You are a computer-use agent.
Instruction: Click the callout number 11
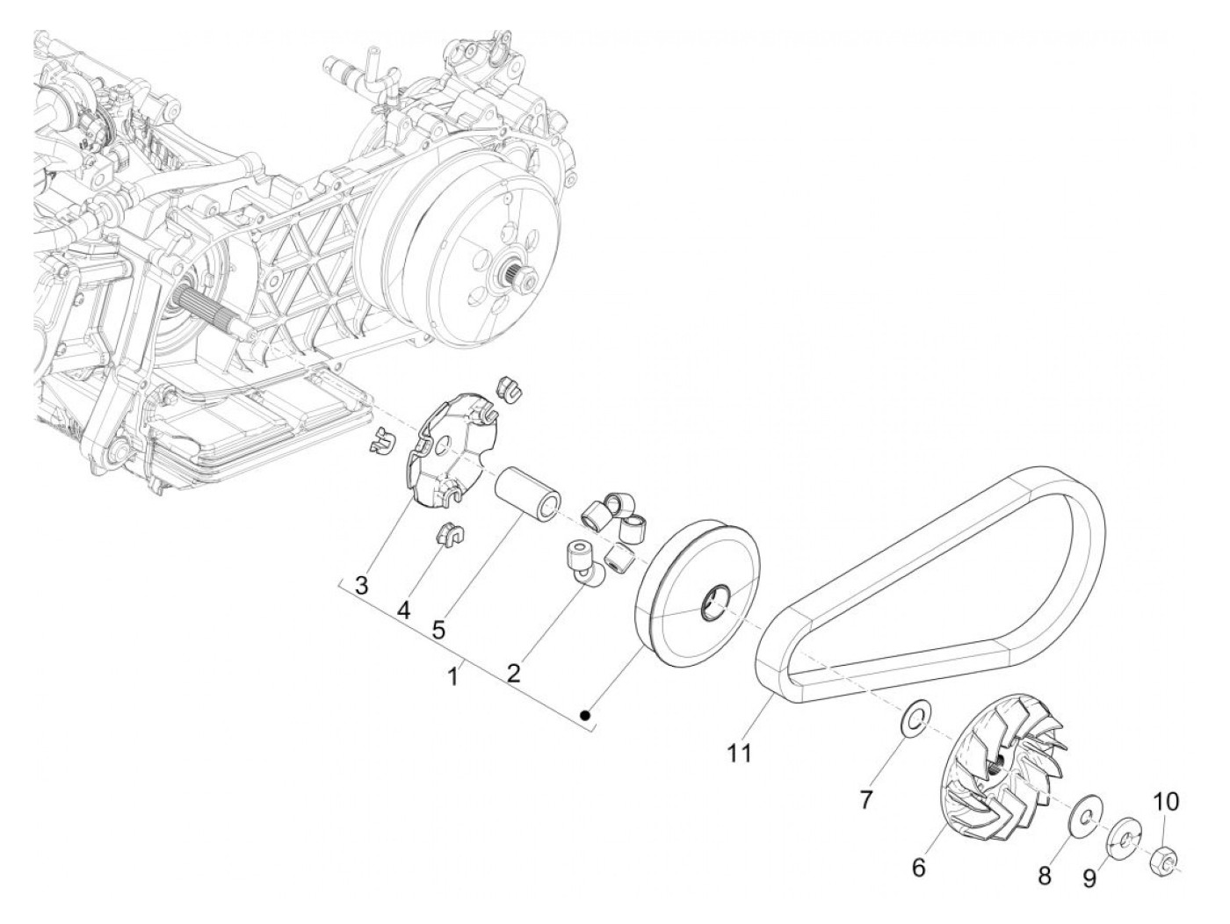(x=739, y=753)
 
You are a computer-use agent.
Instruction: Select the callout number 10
(x=1167, y=801)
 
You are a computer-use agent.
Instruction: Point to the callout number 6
(x=918, y=867)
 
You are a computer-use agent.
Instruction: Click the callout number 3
(x=361, y=586)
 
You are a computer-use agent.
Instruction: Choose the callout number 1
(x=453, y=676)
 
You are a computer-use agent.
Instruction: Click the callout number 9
(x=1089, y=877)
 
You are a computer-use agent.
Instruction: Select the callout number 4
(x=403, y=609)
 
